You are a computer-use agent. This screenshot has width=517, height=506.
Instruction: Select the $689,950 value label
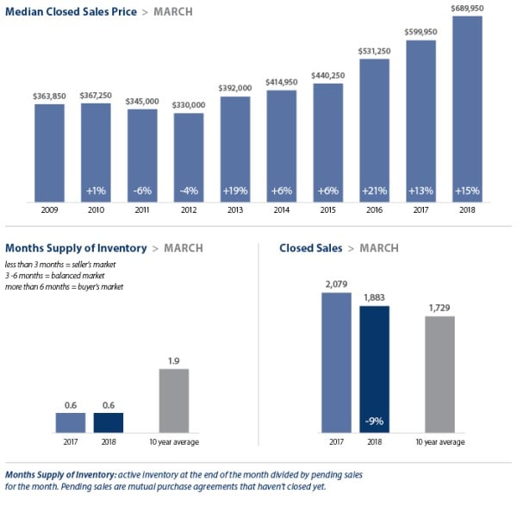(466, 8)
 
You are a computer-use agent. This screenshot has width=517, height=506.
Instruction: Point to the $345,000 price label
(142, 102)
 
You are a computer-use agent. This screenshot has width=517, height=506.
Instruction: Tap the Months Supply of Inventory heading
(76, 248)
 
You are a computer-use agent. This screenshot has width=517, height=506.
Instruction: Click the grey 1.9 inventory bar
(174, 399)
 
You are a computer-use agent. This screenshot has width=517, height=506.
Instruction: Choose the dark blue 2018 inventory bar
(109, 422)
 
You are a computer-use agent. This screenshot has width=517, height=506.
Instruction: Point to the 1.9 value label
(174, 360)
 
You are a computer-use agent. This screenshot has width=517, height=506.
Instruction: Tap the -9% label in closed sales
(375, 422)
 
